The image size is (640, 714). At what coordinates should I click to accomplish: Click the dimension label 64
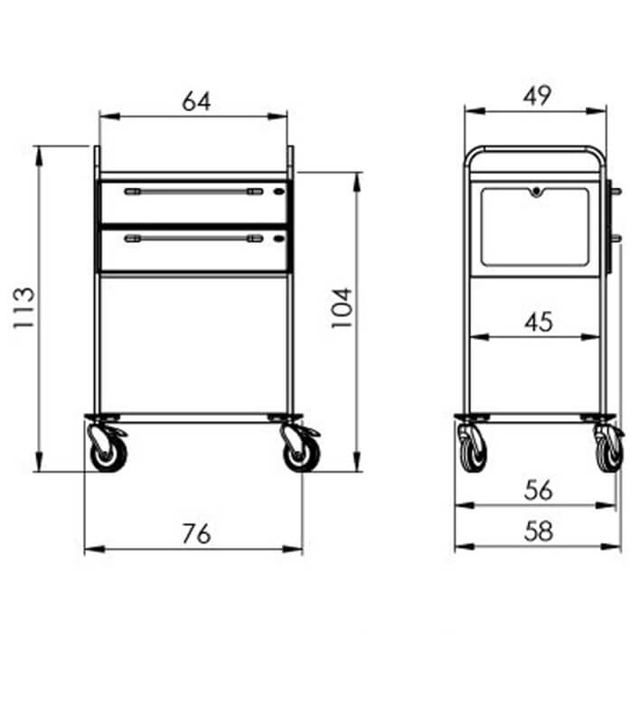point(196,101)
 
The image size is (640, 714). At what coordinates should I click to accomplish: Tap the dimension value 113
point(24,308)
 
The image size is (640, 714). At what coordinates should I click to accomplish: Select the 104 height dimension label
point(342,308)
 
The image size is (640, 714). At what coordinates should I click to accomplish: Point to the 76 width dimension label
point(196,533)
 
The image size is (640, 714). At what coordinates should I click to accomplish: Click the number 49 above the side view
point(538,96)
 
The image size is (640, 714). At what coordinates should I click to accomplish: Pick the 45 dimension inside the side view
point(539,322)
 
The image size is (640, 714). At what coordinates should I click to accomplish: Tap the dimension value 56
point(539,490)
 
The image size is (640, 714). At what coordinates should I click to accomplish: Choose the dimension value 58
point(539,531)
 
